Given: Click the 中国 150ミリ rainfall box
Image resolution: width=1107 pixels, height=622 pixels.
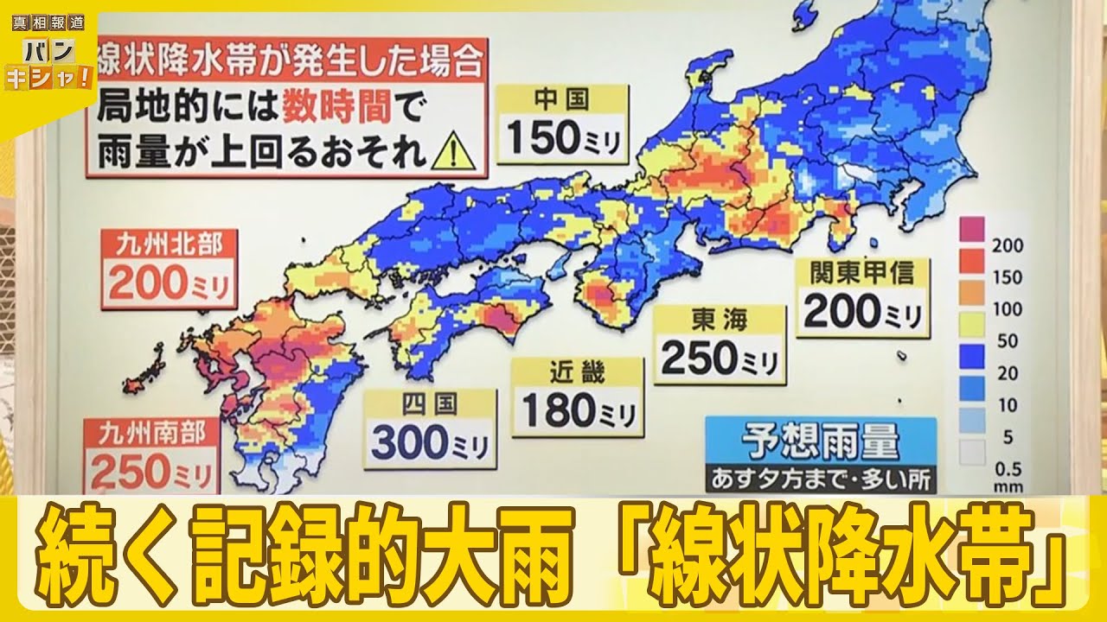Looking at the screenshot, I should tap(560, 124).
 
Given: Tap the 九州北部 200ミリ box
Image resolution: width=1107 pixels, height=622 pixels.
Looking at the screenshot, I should tap(170, 268).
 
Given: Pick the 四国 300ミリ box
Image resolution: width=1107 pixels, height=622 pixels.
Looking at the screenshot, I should tap(430, 429).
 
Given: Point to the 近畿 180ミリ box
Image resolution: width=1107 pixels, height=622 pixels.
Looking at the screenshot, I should tap(577, 397).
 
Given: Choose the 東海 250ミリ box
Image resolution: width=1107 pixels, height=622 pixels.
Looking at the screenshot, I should tap(720, 345).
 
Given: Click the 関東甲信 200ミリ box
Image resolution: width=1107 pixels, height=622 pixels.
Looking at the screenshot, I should tap(862, 296).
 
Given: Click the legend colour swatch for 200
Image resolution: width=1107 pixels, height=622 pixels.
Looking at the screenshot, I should tap(973, 229).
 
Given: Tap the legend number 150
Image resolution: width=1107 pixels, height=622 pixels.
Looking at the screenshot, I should tap(1007, 277).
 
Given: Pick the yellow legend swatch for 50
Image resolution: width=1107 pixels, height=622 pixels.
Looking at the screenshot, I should tap(973, 325).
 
